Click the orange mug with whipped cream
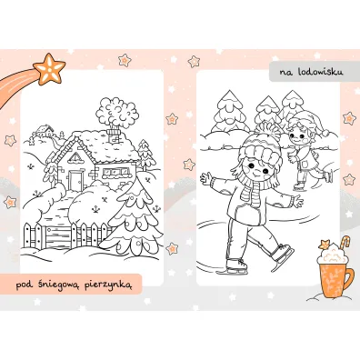335,271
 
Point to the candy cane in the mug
345,243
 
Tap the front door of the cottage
75,180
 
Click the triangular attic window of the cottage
75,157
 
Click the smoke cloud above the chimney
116,112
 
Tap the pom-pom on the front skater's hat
267,128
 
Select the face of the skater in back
297,137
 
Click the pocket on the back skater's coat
305,164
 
